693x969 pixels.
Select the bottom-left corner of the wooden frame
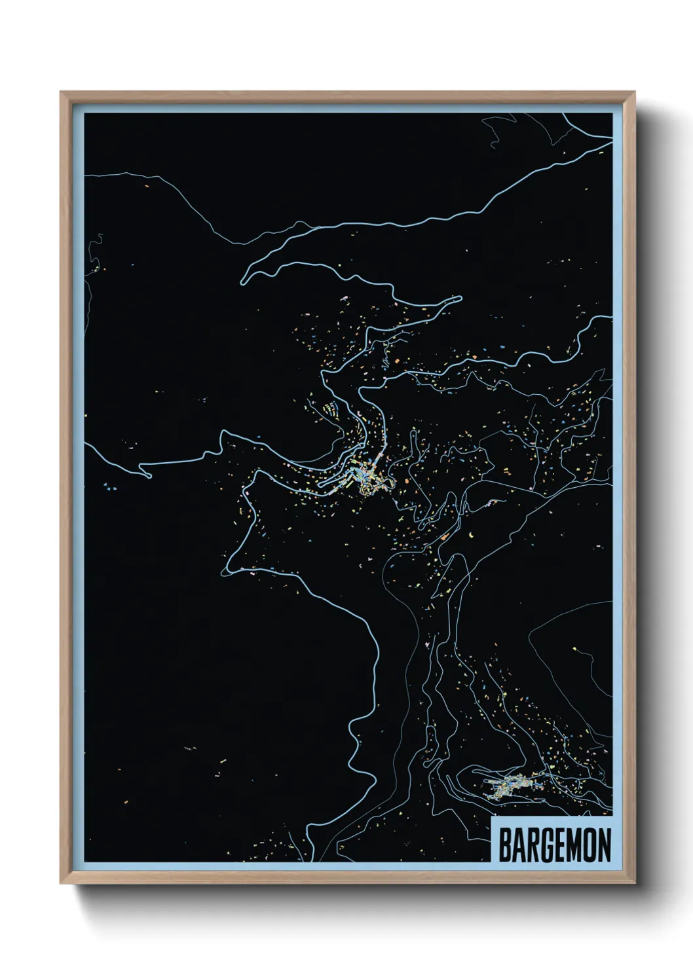point(62,884)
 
